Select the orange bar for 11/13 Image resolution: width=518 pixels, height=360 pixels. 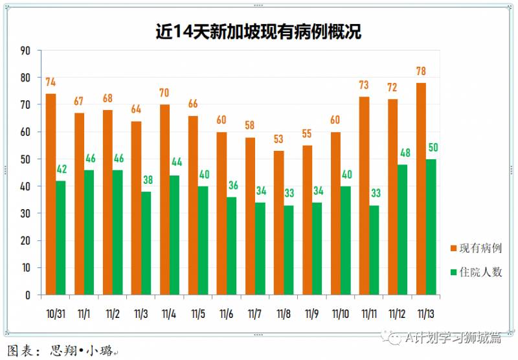coord(421,188)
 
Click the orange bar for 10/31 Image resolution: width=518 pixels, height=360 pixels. coord(51,194)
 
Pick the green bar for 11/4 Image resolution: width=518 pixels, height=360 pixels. coord(174,235)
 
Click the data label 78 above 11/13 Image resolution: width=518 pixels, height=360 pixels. coord(421,71)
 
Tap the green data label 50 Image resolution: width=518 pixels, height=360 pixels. coord(432,148)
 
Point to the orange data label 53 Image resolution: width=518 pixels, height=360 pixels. coord(278,139)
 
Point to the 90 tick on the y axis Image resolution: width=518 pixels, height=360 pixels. coord(26,51)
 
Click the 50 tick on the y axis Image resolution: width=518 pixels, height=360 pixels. coord(26,159)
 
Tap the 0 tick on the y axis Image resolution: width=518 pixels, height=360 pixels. coord(28,295)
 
